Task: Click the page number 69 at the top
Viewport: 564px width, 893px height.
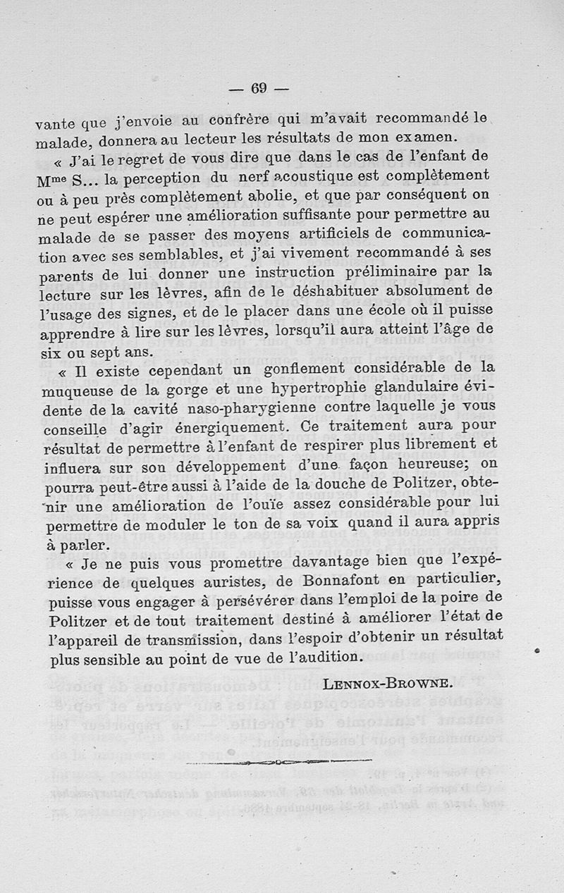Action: pyautogui.click(x=260, y=88)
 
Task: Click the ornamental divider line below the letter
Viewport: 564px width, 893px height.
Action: pyautogui.click(x=279, y=761)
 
